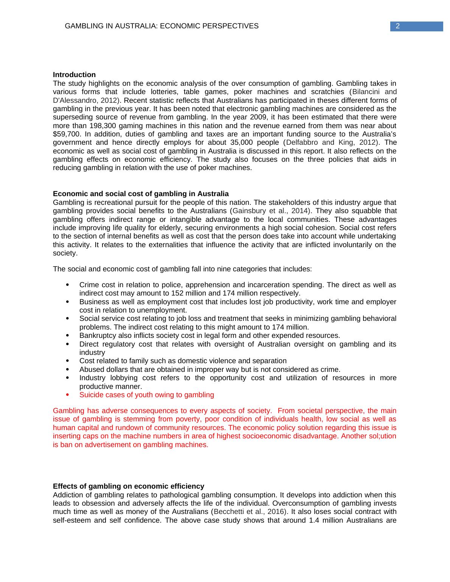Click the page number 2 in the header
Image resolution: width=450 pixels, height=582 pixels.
click(398, 26)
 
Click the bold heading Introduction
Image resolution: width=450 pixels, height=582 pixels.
click(74, 75)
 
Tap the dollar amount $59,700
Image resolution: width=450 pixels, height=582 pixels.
click(65, 134)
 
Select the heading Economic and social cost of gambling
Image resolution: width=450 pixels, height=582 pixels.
click(141, 194)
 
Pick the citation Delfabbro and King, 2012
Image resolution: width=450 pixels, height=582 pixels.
click(332, 142)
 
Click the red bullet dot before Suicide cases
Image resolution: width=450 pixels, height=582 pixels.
click(67, 395)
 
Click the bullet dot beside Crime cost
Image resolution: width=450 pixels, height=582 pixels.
click(67, 285)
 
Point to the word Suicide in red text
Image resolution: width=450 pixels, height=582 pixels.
click(90, 395)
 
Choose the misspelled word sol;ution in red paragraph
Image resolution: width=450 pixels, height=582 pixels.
click(381, 436)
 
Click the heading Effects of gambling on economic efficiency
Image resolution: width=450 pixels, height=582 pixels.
click(129, 486)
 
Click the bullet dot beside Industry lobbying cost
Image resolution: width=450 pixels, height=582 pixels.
click(67, 378)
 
